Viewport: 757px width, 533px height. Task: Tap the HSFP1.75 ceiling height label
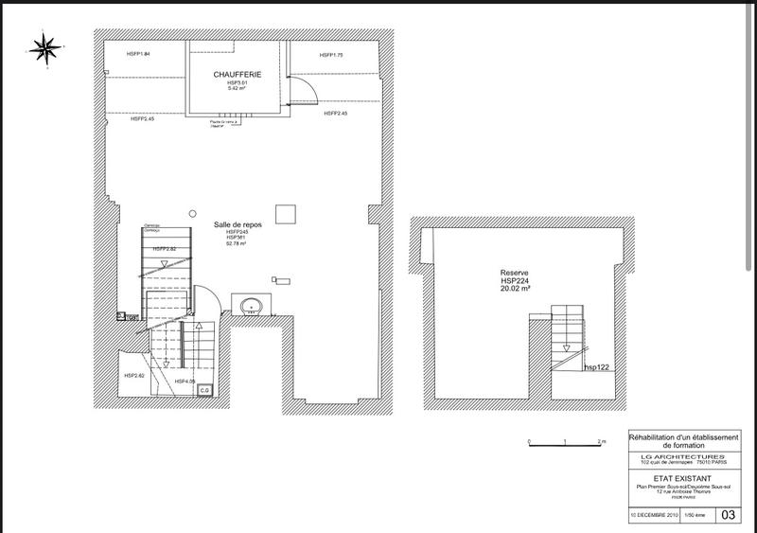pos(331,56)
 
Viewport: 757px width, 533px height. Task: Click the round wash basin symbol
pos(252,305)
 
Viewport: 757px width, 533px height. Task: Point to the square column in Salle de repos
pos(282,212)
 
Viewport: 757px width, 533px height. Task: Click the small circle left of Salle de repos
pos(191,214)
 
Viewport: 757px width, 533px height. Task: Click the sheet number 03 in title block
pos(727,515)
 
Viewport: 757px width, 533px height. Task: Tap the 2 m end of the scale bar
pos(600,442)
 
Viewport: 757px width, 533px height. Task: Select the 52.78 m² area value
pos(237,243)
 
